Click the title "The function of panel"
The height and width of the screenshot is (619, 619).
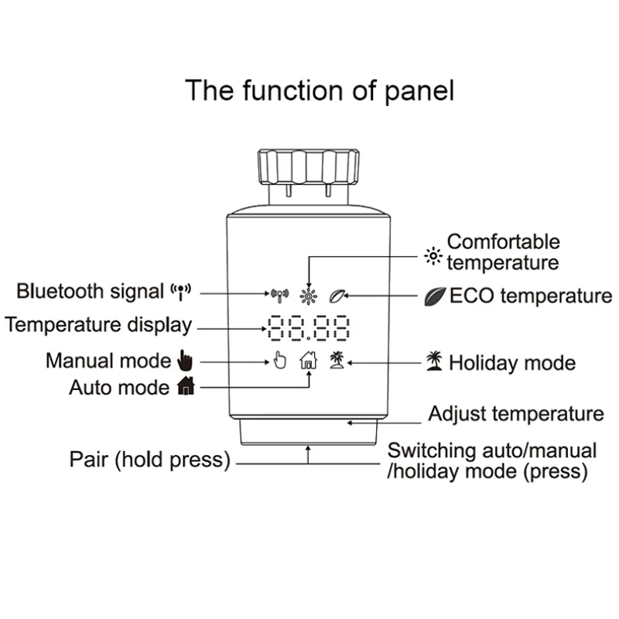[x=320, y=91]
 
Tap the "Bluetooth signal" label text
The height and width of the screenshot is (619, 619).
[x=91, y=292]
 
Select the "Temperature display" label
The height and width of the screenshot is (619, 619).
[x=97, y=325]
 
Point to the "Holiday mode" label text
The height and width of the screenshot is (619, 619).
[x=512, y=362]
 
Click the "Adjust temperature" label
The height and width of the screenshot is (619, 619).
[x=515, y=414]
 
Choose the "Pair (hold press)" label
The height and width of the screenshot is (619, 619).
[x=150, y=460]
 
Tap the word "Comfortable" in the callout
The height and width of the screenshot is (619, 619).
[x=503, y=243]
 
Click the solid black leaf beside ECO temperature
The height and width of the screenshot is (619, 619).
[x=434, y=296]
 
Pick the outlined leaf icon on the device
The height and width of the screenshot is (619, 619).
[x=337, y=295]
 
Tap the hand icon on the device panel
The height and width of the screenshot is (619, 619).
[x=279, y=360]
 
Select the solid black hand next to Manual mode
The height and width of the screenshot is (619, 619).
[x=183, y=360]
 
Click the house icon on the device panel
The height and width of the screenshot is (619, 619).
[x=308, y=360]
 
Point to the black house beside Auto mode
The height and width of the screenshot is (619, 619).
[x=186, y=386]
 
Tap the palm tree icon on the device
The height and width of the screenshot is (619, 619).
[x=337, y=359]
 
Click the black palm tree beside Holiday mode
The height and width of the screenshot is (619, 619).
[x=434, y=361]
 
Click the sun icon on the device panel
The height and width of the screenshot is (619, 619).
[x=309, y=295]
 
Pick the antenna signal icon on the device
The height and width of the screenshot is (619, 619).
[x=279, y=295]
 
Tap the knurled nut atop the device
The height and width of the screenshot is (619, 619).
[x=308, y=167]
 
